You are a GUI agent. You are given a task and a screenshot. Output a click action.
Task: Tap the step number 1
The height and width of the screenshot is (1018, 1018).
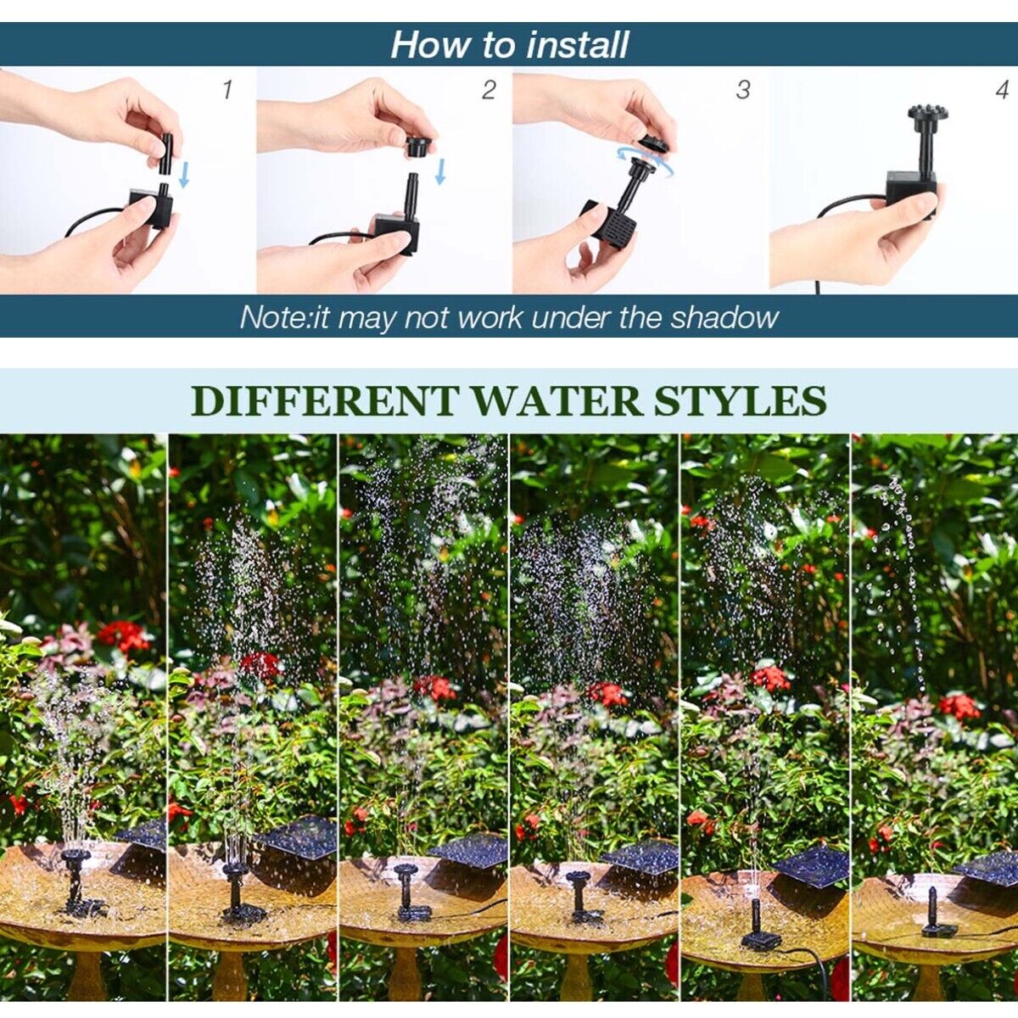[x=227, y=89]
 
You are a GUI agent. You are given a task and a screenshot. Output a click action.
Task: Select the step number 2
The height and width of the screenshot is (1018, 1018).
[x=488, y=90]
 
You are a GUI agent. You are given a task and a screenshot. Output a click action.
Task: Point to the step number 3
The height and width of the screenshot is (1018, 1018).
[x=743, y=89]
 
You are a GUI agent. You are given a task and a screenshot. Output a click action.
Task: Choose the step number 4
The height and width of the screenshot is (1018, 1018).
[x=1003, y=89]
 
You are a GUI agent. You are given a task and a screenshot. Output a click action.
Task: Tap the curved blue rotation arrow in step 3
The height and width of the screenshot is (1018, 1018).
[x=645, y=162]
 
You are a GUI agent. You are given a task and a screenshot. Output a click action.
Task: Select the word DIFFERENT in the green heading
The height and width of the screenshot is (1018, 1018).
[x=325, y=400]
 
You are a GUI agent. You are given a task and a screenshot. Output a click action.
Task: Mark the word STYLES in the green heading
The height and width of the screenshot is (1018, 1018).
[x=743, y=400]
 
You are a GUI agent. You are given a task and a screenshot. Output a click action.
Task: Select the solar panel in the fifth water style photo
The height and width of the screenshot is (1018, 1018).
[x=811, y=865]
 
